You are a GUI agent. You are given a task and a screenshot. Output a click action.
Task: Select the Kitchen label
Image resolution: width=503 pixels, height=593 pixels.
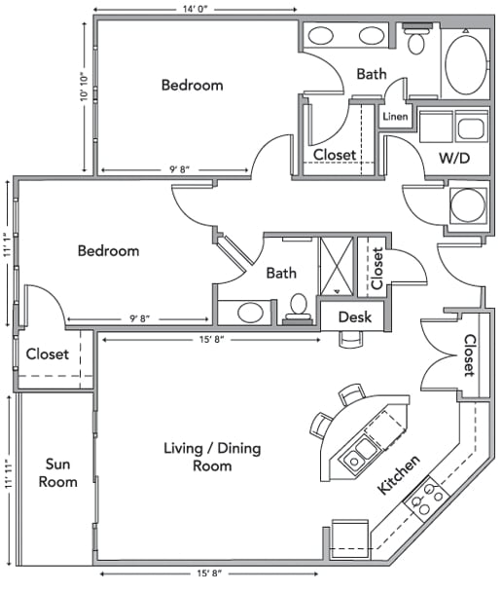click(399, 474)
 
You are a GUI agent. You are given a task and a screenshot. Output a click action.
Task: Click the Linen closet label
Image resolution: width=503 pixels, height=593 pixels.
click(394, 117)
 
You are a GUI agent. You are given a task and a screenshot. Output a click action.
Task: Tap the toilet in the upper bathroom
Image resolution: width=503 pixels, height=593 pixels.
click(417, 40)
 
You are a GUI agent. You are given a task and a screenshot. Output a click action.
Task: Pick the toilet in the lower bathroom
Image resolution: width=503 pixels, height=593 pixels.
click(298, 307)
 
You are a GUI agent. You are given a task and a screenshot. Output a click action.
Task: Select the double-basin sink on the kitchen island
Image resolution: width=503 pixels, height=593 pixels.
click(362, 451)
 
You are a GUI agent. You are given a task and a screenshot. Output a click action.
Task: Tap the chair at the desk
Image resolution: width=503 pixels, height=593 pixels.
click(349, 339)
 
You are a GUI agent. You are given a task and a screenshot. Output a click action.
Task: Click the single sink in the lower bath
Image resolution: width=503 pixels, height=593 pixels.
click(250, 314)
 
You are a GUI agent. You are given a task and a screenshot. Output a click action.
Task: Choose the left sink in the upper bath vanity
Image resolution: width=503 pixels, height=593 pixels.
click(321, 36)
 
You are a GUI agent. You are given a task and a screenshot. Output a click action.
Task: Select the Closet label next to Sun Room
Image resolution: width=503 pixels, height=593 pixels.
click(47, 354)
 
